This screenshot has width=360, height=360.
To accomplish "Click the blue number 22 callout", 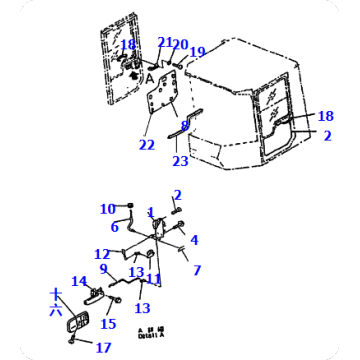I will pyautogui.click(x=147, y=146).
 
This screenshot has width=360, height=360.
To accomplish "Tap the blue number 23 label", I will pyautogui.click(x=180, y=160).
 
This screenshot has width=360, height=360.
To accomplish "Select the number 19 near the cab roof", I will pyautogui.click(x=197, y=52).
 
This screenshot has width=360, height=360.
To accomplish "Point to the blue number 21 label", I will pyautogui.click(x=164, y=43).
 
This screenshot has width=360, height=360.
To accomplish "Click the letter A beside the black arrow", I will pyautogui.click(x=150, y=78).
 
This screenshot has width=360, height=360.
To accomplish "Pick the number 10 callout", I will pyautogui.click(x=107, y=209).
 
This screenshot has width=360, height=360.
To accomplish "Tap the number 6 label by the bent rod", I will pyautogui.click(x=115, y=228).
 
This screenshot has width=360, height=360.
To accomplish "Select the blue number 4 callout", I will pyautogui.click(x=194, y=240).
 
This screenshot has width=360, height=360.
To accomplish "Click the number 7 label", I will pyautogui.click(x=197, y=270).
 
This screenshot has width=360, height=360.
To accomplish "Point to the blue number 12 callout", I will pyautogui.click(x=102, y=254).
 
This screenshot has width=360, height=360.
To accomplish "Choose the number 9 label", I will pyautogui.click(x=103, y=269).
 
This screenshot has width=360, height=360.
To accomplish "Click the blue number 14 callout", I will pyautogui.click(x=79, y=282).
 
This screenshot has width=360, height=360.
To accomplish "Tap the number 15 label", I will pyautogui.click(x=108, y=324).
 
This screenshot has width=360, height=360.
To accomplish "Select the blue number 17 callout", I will pyautogui.click(x=103, y=348).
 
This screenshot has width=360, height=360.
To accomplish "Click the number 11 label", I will pyautogui.click(x=153, y=279).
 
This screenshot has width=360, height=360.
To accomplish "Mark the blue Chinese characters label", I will pyautogui.click(x=56, y=303).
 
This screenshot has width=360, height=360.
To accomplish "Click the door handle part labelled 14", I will pyautogui.click(x=96, y=294).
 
